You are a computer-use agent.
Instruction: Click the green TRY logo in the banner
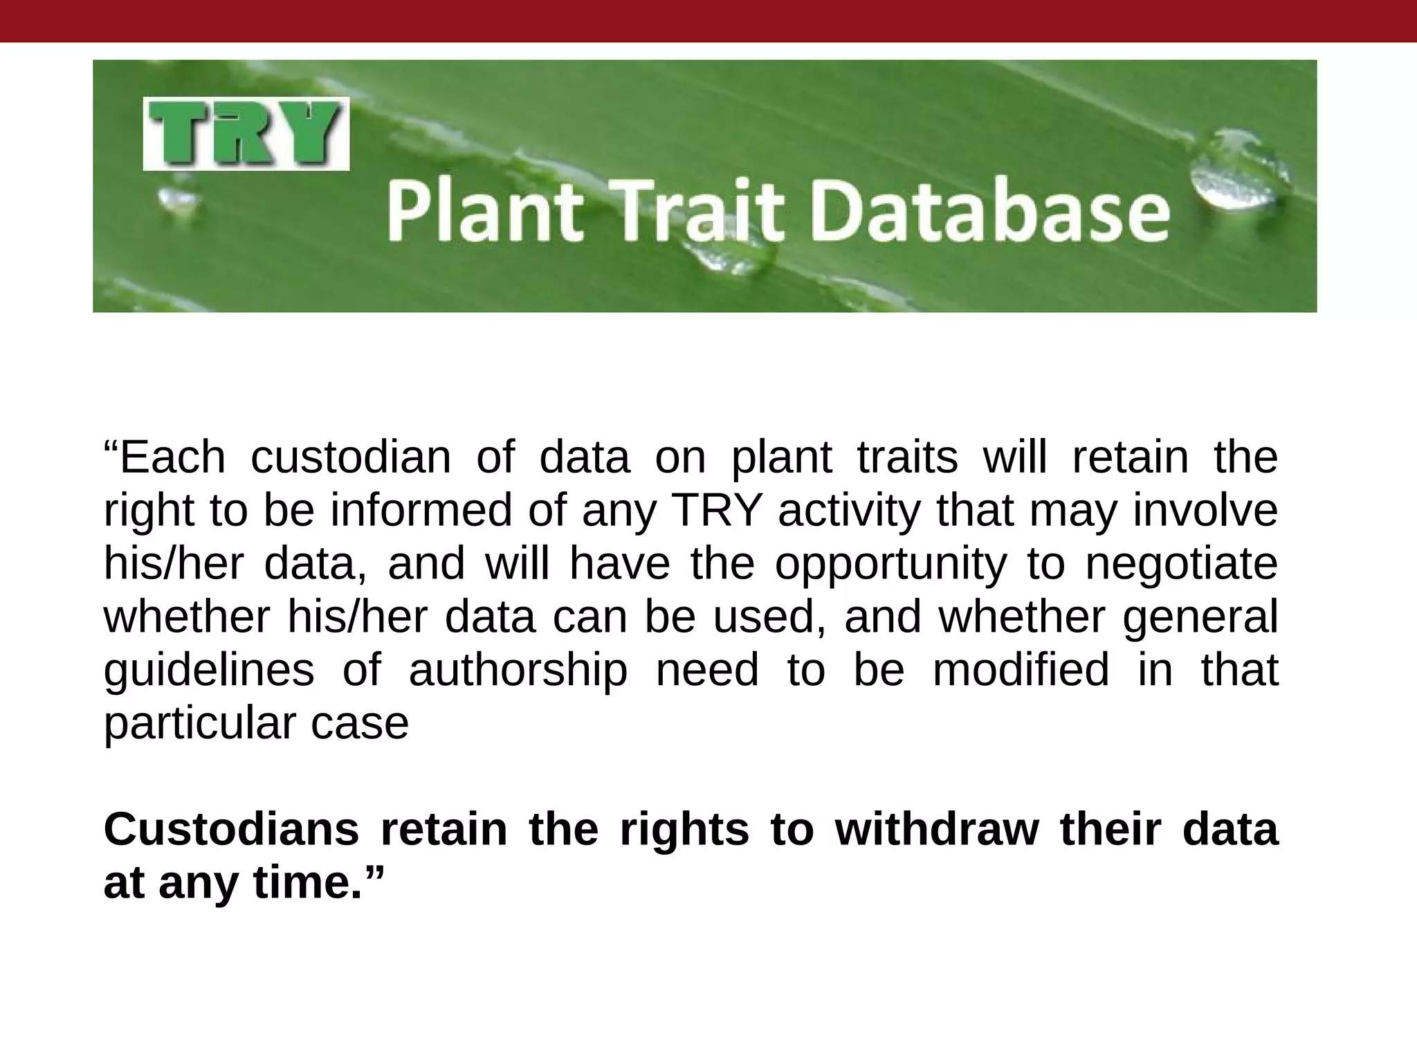click(x=246, y=134)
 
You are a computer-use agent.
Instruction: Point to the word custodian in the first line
click(x=350, y=457)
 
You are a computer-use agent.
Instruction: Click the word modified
click(x=1021, y=670)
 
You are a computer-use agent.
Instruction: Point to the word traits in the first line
click(x=907, y=457)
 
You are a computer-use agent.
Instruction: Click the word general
click(x=1200, y=618)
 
